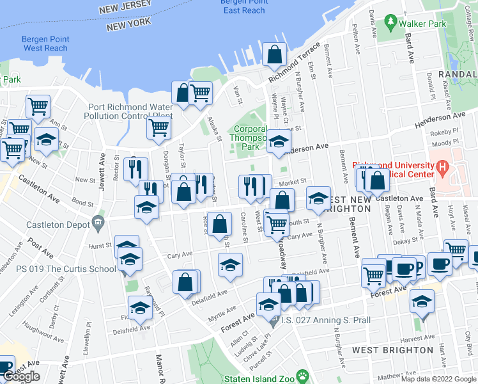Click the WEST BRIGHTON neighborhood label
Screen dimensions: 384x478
coord(392,350)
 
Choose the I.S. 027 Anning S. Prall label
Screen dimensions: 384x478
coord(315,321)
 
